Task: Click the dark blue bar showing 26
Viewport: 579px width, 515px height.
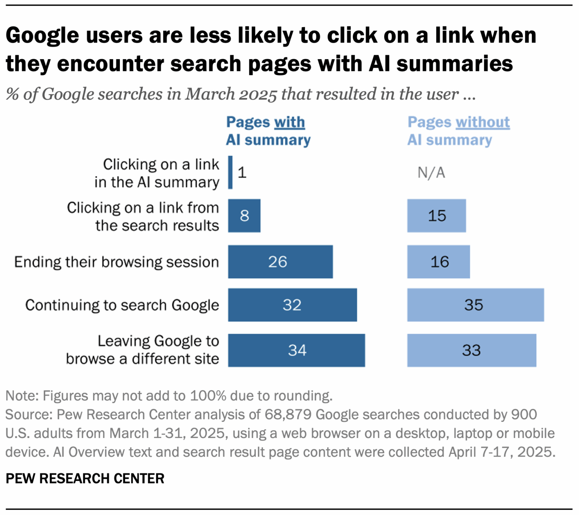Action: [280, 262]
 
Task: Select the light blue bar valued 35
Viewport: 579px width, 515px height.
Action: [475, 305]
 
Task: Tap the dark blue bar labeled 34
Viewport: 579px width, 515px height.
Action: [296, 350]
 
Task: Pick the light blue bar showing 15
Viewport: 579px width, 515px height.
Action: [436, 216]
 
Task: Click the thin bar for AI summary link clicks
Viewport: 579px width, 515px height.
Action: [230, 172]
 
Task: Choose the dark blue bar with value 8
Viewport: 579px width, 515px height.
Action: [244, 216]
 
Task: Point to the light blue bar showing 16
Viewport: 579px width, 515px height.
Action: [438, 262]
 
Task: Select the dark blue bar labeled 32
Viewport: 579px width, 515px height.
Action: [292, 305]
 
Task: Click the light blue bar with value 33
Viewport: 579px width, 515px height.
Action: [472, 350]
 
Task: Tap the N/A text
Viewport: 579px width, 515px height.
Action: [431, 173]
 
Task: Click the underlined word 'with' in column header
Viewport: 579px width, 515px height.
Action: [289, 122]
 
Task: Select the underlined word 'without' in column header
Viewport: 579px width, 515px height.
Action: [482, 122]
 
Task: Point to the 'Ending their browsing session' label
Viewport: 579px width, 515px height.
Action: [116, 262]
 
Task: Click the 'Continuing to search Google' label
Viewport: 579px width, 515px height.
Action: [122, 305]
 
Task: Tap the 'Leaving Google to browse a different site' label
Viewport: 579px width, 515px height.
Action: [142, 350]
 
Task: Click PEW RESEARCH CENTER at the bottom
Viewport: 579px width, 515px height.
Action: [85, 478]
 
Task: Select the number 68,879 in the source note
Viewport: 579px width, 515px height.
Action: [288, 414]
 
